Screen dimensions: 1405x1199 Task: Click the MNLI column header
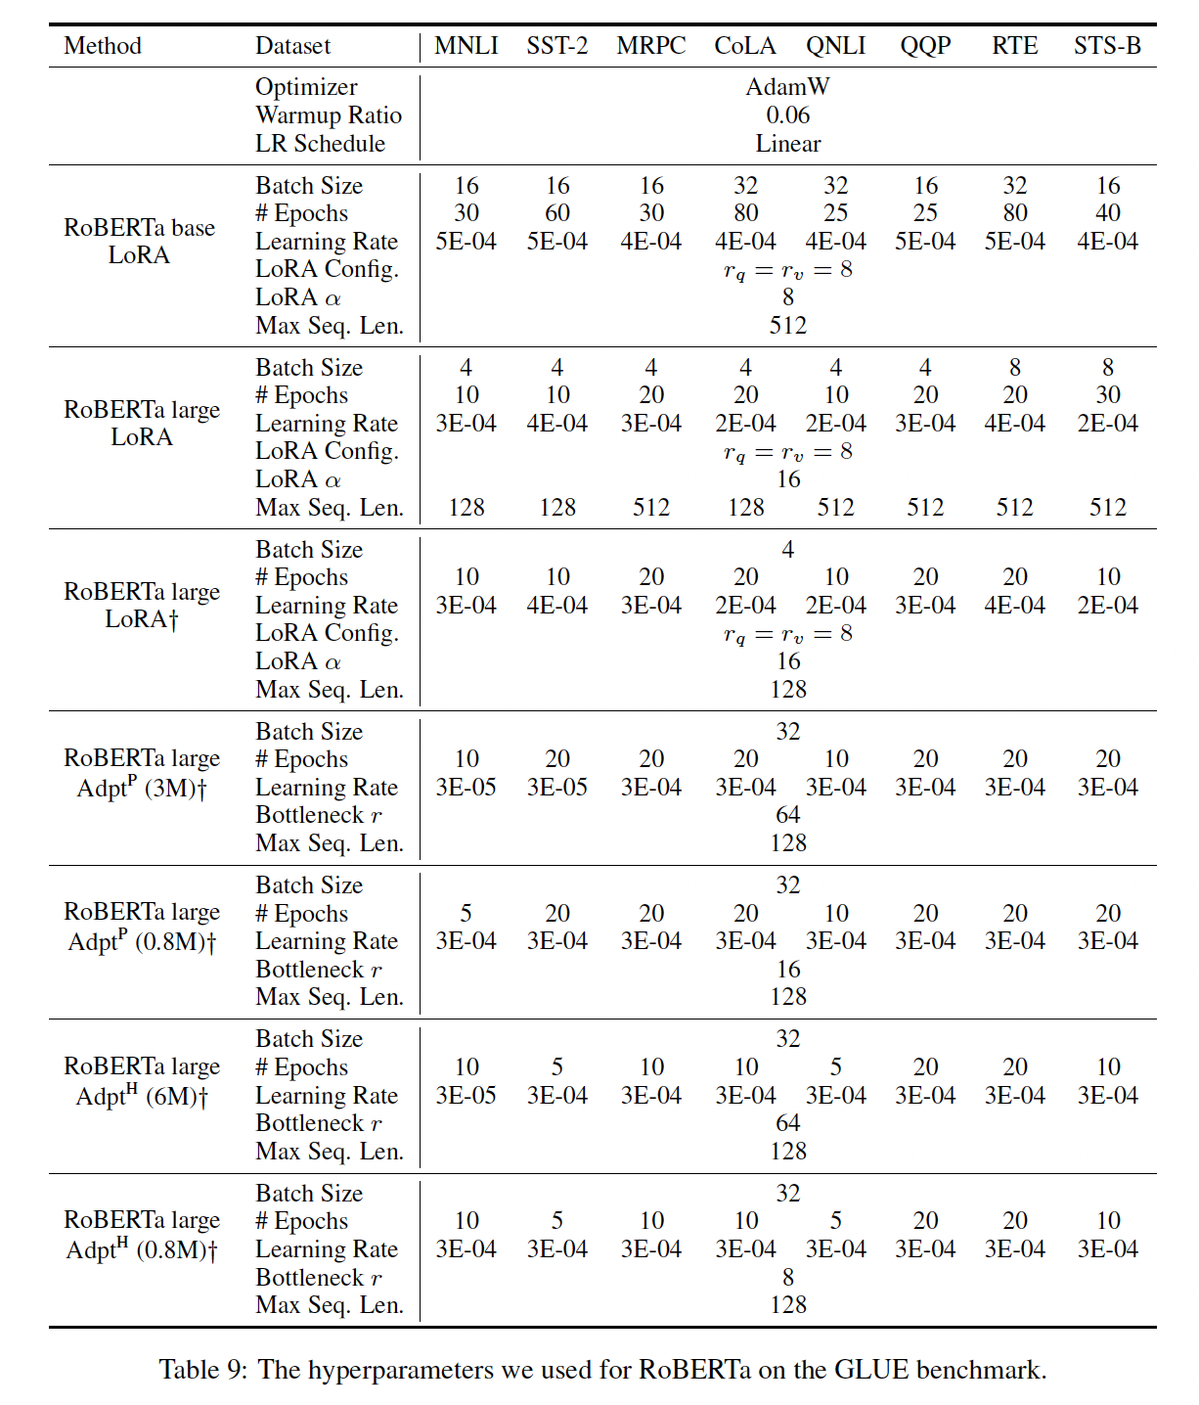tap(466, 46)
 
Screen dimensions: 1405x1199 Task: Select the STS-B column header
tap(1107, 46)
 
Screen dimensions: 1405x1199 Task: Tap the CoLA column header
tap(744, 46)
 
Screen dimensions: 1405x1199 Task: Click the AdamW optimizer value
tap(787, 87)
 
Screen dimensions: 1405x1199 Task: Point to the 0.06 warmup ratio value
tap(787, 115)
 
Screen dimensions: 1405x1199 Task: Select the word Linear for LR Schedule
tap(787, 144)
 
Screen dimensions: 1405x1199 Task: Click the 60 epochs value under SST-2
tap(557, 213)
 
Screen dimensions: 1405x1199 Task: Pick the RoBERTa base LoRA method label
tap(139, 242)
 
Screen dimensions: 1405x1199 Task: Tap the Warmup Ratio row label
tap(329, 115)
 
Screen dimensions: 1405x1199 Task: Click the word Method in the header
tap(103, 46)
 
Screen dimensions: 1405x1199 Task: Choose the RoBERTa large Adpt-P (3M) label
tap(142, 773)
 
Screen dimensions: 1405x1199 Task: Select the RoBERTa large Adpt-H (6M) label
tap(142, 1081)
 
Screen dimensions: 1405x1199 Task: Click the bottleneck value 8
tap(788, 1277)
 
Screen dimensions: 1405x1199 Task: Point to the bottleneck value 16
tap(788, 969)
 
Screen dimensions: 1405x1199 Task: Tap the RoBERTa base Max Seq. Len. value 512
tap(788, 326)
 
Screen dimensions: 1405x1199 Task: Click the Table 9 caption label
tap(203, 1370)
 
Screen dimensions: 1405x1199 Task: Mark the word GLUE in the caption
tap(870, 1370)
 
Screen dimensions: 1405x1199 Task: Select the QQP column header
tap(925, 46)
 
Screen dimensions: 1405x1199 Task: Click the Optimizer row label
tap(306, 87)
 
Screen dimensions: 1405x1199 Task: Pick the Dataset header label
tap(292, 46)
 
